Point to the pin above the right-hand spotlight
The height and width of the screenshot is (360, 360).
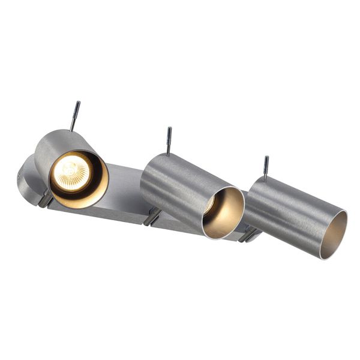click(x=266, y=167)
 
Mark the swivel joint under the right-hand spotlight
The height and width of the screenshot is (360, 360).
click(x=248, y=234)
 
